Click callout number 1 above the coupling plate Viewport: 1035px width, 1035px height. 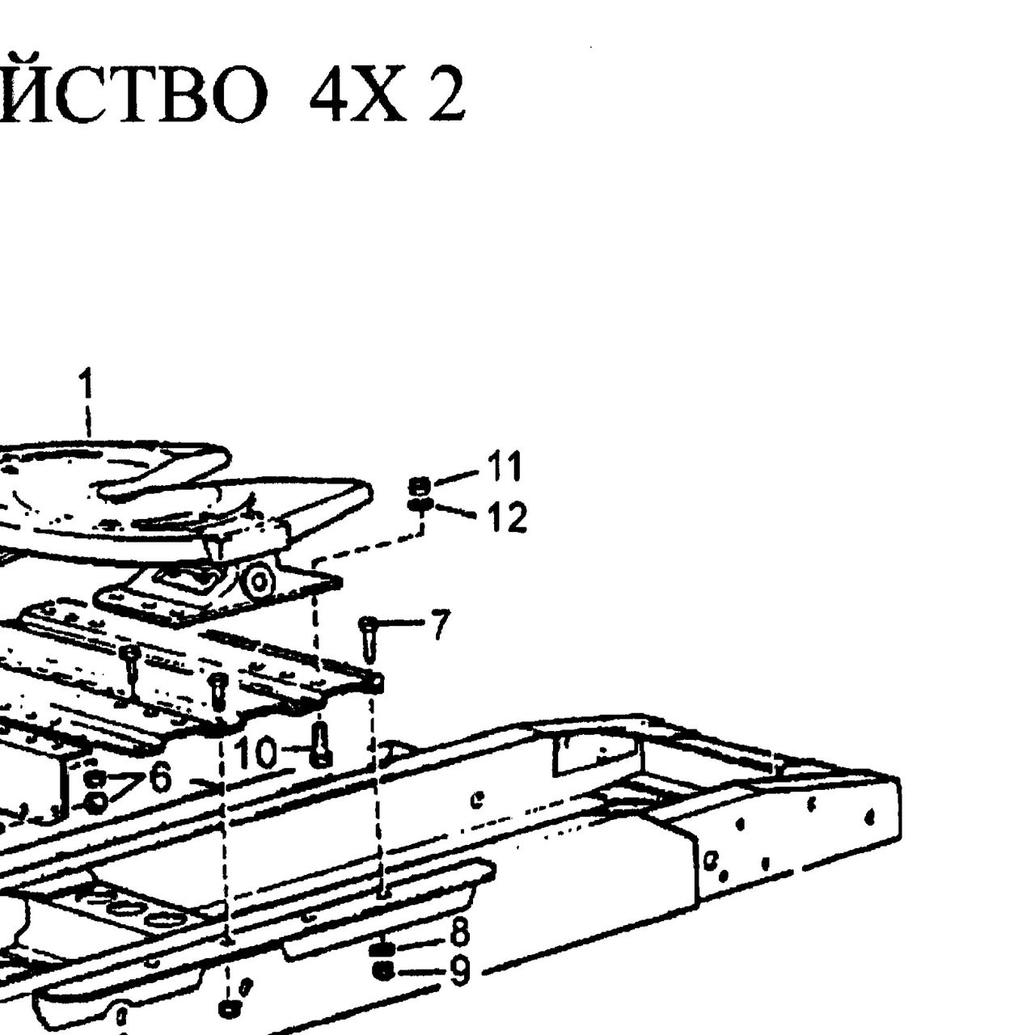86,383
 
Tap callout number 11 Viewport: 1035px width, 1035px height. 504,466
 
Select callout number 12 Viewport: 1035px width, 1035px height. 508,517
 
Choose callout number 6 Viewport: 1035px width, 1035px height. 160,778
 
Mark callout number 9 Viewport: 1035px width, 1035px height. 460,971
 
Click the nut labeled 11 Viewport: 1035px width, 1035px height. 420,486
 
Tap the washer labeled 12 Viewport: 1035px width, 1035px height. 420,505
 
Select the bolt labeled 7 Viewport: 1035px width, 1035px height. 369,639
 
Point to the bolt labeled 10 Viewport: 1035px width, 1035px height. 321,745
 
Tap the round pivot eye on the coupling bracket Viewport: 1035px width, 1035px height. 260,580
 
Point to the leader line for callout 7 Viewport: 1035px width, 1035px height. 402,623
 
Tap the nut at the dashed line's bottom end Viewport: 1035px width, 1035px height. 230,1008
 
